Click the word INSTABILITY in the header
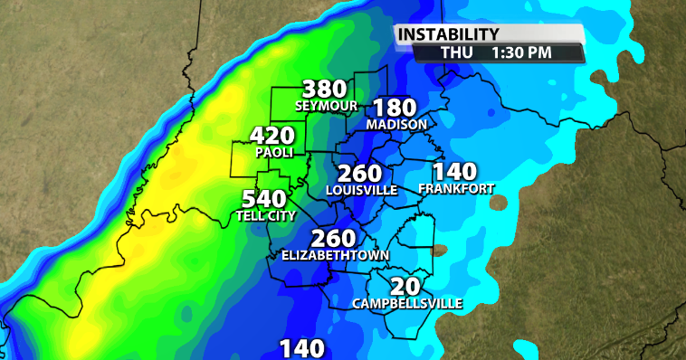449,34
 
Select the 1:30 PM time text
521,52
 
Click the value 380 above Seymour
325,90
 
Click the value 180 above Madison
395,108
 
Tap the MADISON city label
396,124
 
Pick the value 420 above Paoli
272,137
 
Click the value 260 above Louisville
361,174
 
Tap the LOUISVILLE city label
362,190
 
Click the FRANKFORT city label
456,188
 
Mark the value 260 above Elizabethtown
334,239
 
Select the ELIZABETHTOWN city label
335,256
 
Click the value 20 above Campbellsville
408,286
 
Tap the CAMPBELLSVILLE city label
407,302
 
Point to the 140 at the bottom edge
300,349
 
